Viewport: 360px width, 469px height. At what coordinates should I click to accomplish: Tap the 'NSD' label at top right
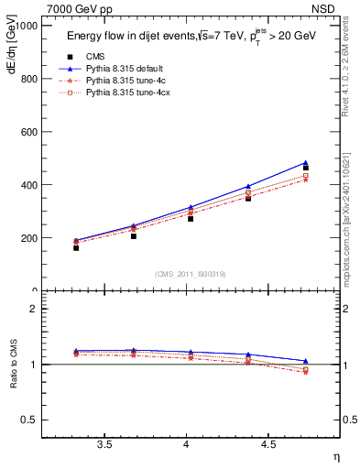[x=323, y=8]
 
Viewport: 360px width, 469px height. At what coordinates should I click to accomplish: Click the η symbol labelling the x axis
[x=334, y=456]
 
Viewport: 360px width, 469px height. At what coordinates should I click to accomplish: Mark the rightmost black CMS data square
[x=305, y=168]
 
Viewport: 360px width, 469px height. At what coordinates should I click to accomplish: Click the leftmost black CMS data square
[x=76, y=248]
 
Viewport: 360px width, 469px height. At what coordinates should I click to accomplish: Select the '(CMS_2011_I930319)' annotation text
[x=191, y=274]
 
